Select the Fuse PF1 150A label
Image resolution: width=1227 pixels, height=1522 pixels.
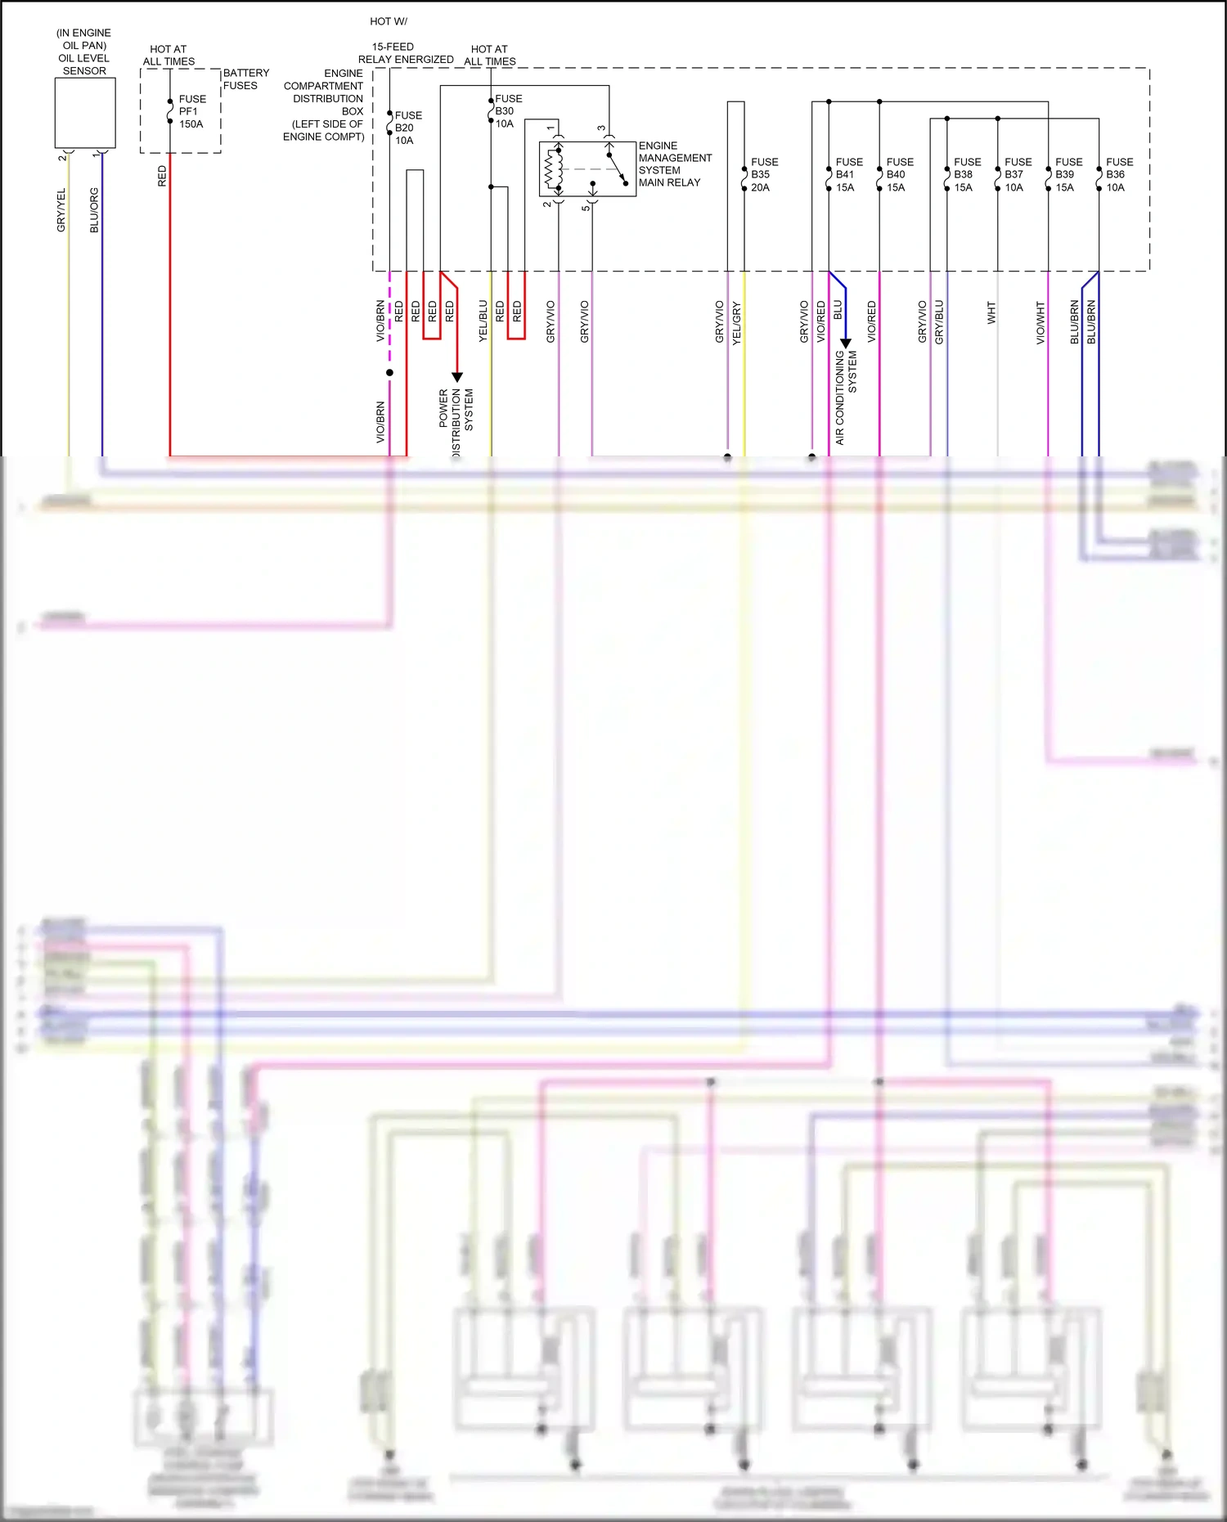191,112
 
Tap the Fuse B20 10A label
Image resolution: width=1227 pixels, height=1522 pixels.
407,128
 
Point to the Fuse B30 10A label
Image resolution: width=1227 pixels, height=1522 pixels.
507,111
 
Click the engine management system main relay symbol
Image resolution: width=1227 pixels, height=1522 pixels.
587,169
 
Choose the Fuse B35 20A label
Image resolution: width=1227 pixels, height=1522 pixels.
763,175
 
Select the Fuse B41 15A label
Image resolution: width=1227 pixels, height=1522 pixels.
848,175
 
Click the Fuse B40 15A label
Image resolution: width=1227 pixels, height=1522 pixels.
899,175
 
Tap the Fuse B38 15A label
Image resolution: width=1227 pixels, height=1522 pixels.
966,175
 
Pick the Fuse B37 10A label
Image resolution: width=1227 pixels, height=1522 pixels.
1017,175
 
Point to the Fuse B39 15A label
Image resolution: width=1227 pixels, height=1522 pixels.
1067,175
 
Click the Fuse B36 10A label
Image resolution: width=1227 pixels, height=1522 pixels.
1118,175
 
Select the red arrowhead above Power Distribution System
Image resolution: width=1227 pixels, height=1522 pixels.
457,377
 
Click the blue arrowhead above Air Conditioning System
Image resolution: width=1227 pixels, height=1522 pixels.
846,343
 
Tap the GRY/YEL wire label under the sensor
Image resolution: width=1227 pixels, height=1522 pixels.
61,210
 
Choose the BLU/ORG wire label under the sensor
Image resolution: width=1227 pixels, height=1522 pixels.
94,210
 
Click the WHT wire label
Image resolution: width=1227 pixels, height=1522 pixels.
991,312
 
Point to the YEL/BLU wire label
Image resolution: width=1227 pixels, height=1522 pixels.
483,321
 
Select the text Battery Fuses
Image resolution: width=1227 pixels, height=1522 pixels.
245,79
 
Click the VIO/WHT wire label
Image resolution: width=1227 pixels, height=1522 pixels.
1041,322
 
